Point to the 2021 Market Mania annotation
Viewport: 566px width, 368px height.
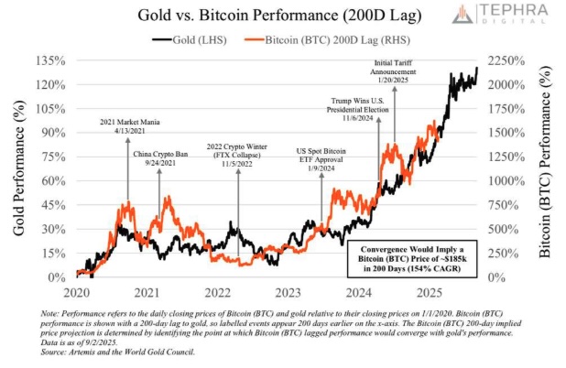click(127, 125)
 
